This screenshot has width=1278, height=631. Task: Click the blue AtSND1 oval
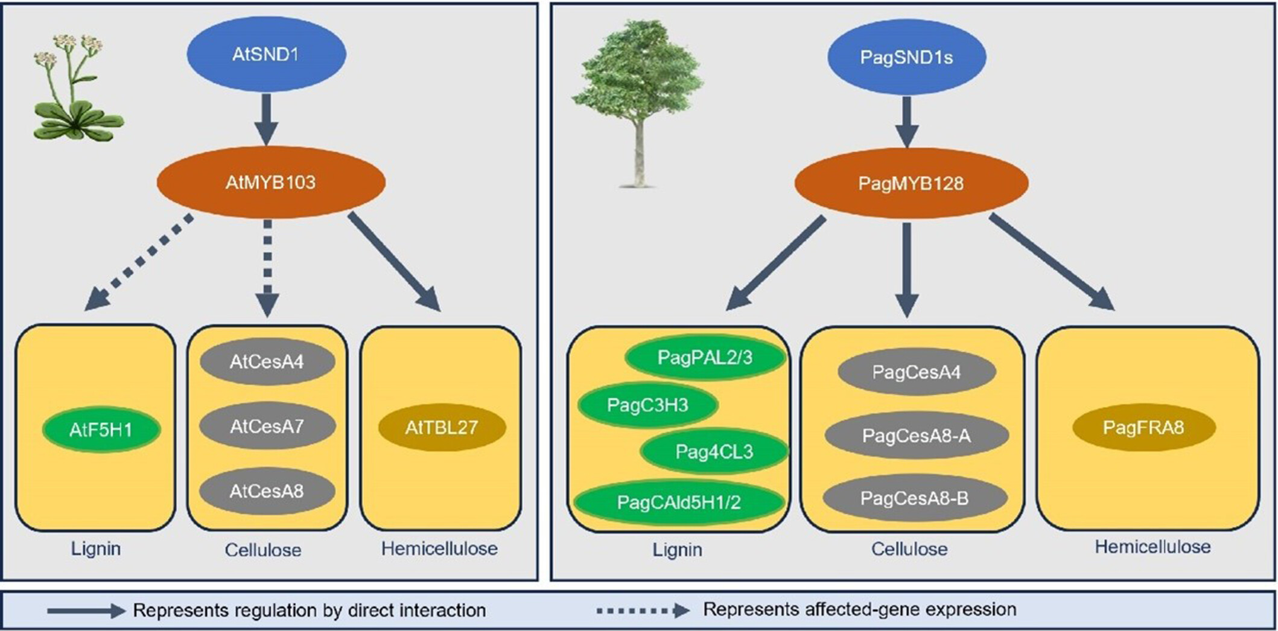point(266,54)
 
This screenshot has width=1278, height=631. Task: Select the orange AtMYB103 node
point(271,182)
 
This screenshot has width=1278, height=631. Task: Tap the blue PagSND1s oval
point(906,57)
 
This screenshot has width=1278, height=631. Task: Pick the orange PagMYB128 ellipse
point(911,183)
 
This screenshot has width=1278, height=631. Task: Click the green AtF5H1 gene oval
point(101,430)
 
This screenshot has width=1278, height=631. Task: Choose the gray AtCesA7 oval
point(267,426)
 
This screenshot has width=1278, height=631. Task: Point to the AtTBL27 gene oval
point(442,428)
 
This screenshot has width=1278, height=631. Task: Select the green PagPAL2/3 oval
point(705,358)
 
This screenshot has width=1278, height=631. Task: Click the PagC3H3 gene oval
point(648,405)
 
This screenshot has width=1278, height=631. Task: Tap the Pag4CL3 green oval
point(714,452)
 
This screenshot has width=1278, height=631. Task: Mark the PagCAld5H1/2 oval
point(679,502)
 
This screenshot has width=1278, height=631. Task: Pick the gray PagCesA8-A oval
point(917,436)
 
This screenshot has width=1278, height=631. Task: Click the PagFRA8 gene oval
point(1143,428)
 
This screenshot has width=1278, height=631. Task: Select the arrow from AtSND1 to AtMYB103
point(266,119)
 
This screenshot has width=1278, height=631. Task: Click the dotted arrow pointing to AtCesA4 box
point(267,268)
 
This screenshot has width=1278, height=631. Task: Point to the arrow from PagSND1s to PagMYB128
point(906,122)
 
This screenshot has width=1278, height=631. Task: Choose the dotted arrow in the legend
point(643,610)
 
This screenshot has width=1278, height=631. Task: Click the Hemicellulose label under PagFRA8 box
point(1152,547)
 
